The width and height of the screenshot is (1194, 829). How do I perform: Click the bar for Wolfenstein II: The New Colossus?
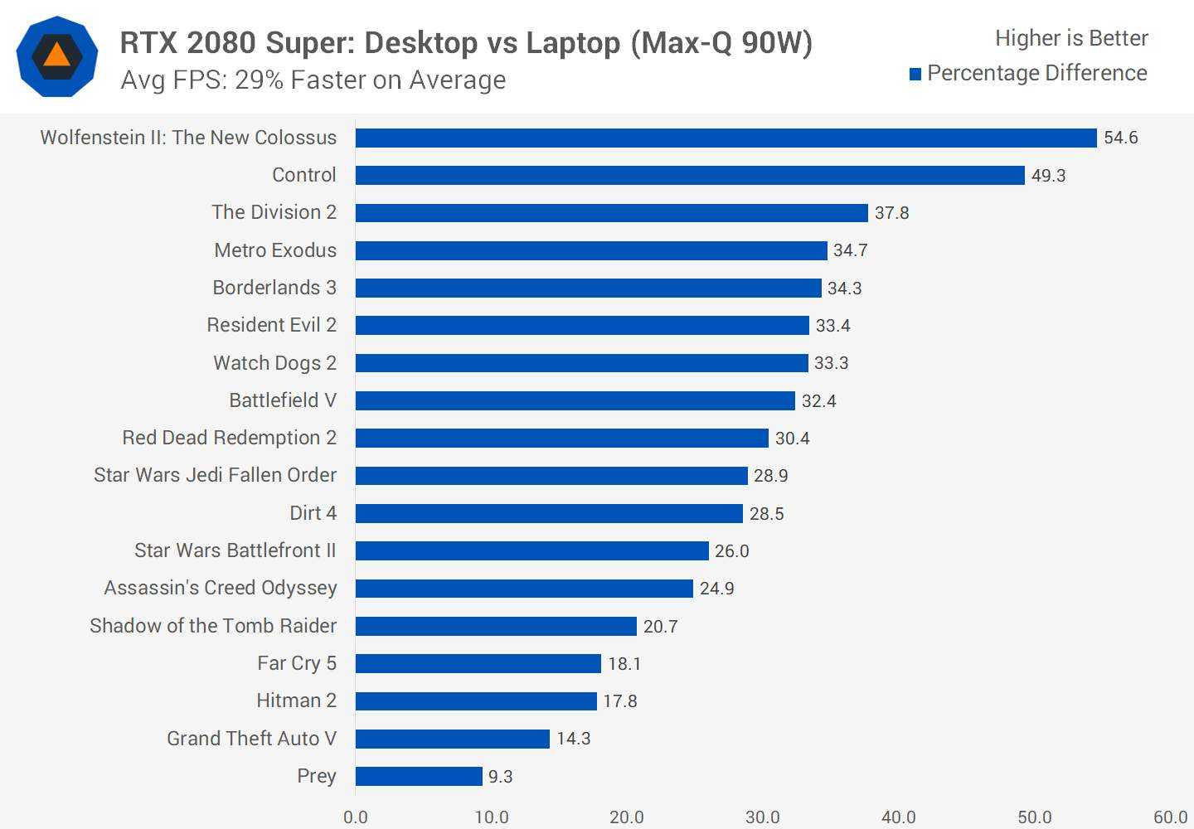point(726,138)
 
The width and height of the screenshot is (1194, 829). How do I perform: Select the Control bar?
point(690,175)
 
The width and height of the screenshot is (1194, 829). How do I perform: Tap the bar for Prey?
point(419,776)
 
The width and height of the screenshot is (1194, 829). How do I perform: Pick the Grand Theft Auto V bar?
point(452,739)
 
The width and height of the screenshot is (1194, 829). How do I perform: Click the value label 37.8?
point(891,213)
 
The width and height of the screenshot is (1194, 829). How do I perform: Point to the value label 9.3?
point(500,777)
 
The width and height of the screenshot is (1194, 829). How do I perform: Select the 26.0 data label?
point(731,551)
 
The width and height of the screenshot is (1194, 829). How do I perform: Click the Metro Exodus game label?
point(275,250)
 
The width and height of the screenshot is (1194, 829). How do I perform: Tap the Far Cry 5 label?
point(296,663)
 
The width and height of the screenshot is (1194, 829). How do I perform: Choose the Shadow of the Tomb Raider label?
point(213,626)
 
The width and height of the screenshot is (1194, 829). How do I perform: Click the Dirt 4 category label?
point(313,513)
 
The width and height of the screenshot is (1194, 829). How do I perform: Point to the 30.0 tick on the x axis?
point(762,817)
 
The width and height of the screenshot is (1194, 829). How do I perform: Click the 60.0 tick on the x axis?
point(1170,817)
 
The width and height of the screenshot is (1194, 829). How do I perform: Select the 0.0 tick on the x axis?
point(356,817)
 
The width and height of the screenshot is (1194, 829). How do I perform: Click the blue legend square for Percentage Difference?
point(915,75)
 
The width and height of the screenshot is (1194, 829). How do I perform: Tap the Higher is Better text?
point(1071,38)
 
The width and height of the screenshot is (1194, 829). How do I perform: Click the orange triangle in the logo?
point(56,56)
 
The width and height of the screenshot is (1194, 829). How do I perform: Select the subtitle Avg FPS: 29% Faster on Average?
point(313,80)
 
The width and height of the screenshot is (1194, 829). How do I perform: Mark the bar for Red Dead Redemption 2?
point(562,438)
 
